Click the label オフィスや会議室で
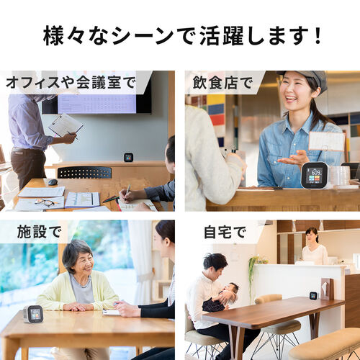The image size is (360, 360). pos(70,82)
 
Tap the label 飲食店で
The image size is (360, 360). pos(219,82)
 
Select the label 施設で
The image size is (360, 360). pos(33,231)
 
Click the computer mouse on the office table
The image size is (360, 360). pos(52,182)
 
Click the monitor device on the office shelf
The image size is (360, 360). pos(128,157)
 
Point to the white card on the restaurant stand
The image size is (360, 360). pos(326,141)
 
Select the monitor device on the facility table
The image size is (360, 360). pos(33,314)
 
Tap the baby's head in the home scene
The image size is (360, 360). pos(229,290)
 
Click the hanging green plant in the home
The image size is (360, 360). pos(253,270)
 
